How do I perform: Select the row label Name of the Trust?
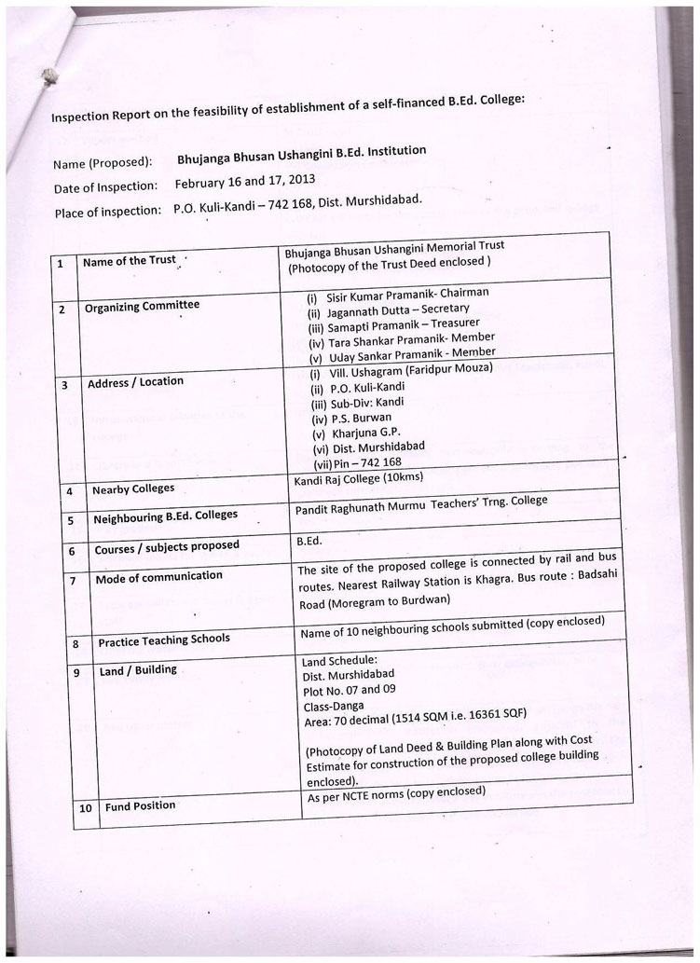click(x=129, y=262)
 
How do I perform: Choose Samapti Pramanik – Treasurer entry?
click(x=402, y=323)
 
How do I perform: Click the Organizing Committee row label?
click(x=142, y=306)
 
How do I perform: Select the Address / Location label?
click(x=135, y=382)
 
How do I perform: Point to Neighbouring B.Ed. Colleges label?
click(x=165, y=516)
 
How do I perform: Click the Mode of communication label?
click(x=158, y=577)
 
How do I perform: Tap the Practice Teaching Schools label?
click(x=164, y=641)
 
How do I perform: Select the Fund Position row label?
click(x=140, y=805)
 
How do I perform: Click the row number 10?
click(x=85, y=807)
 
